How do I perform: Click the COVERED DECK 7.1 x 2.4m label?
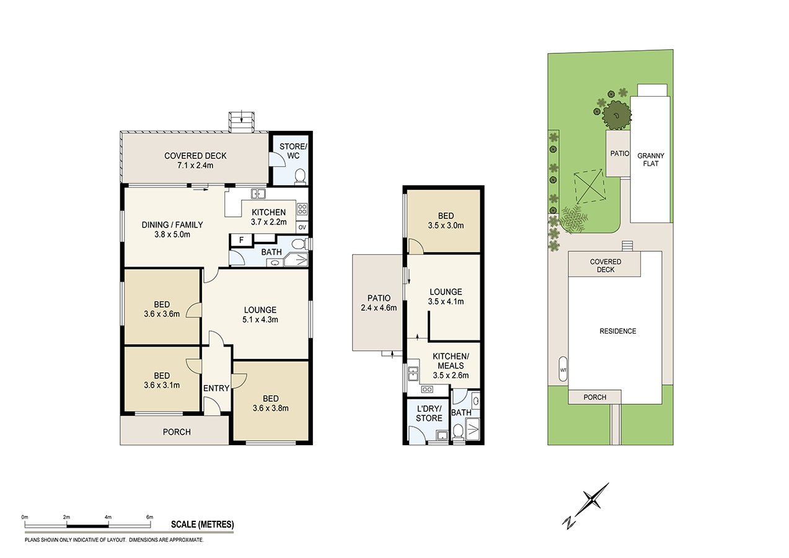coord(195,161)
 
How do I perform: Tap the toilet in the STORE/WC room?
coord(299,177)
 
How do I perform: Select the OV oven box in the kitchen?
coord(302,227)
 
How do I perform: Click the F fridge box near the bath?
coord(241,239)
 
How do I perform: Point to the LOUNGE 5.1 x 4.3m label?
coord(260,315)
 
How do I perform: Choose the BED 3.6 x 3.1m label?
coord(162,380)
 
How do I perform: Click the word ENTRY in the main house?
coord(216,388)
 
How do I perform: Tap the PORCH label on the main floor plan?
coord(177,432)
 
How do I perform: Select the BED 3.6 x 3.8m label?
coord(270,403)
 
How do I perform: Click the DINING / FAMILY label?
coord(172,229)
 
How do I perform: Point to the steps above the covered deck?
coord(241,122)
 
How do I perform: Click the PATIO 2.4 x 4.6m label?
coord(377,303)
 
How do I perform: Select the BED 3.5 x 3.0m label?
coord(446,221)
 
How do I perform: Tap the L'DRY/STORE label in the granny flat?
coord(429,414)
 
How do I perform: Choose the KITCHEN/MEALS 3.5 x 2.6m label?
coord(451,365)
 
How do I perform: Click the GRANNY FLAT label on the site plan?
coord(651,159)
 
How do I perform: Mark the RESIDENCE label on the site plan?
coord(617,331)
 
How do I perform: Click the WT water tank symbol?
coord(563,370)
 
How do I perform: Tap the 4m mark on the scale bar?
coord(108,516)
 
